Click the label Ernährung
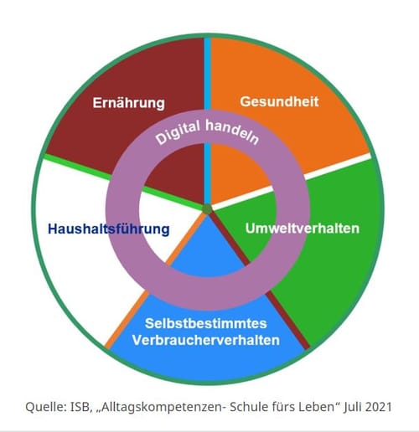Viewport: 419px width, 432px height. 129,103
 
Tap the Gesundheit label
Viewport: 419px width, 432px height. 279,101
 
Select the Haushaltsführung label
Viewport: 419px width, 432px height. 109,229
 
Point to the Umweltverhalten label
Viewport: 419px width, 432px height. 303,229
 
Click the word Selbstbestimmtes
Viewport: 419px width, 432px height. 206,323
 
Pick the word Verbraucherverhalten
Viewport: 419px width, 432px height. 206,340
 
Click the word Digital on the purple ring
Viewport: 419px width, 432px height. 178,132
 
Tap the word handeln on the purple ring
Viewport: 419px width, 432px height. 232,131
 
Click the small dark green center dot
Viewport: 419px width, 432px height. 207,209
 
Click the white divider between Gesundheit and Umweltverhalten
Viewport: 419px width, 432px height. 292,181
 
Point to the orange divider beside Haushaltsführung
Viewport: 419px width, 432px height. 156,281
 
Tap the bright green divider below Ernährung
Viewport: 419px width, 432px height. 123,182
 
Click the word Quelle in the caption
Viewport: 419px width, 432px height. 44,407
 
